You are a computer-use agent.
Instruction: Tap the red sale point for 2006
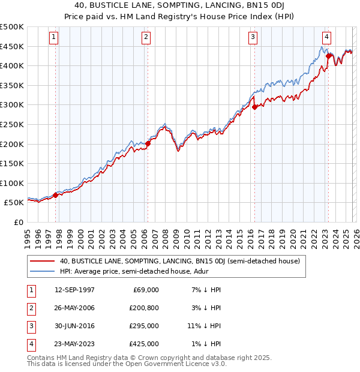click(x=148, y=143)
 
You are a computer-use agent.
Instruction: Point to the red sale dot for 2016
click(x=254, y=107)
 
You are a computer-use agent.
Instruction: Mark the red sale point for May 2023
click(x=328, y=56)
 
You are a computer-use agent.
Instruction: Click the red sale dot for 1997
click(x=55, y=195)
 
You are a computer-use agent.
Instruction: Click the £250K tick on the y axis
click(x=12, y=124)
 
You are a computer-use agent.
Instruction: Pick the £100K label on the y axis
click(x=12, y=183)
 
